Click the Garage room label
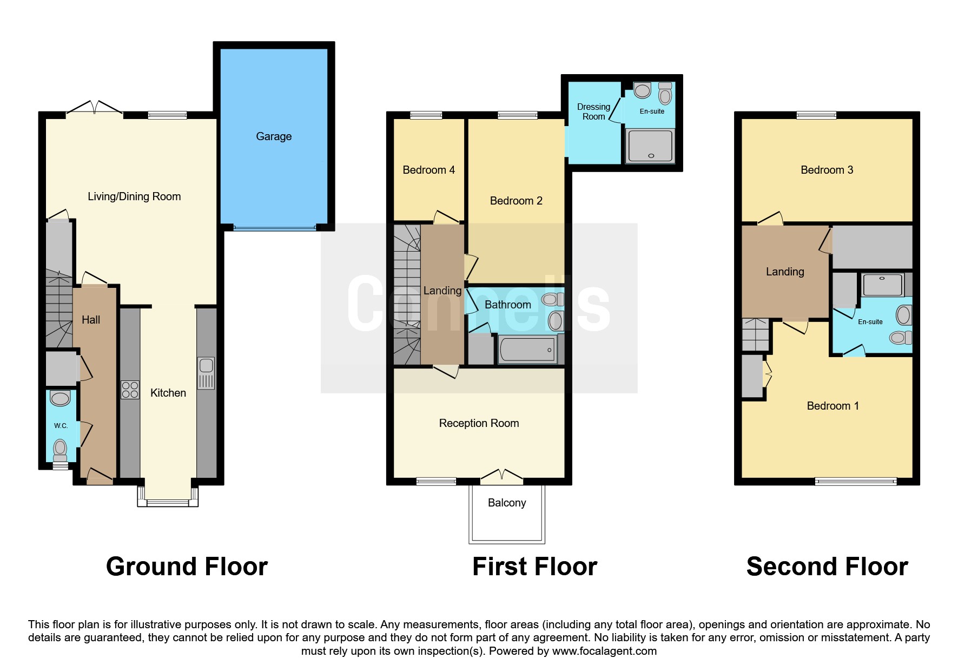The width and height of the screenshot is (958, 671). (x=274, y=136)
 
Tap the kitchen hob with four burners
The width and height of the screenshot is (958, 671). (x=130, y=390)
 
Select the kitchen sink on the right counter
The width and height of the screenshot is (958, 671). (x=206, y=373)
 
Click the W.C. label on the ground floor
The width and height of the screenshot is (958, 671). (x=61, y=426)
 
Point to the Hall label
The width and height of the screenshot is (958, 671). (x=91, y=320)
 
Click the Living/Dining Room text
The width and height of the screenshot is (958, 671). (x=134, y=196)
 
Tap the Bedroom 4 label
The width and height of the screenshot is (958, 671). (x=429, y=170)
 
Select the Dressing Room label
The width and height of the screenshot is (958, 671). (x=593, y=111)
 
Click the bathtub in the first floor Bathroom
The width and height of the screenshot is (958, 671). (x=527, y=350)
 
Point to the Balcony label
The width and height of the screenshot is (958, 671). (x=507, y=503)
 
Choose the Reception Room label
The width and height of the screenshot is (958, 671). (x=479, y=423)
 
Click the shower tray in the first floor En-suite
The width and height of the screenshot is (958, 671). (x=650, y=146)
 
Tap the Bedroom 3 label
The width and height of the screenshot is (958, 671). (x=827, y=170)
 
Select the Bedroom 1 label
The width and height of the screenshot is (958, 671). (x=833, y=406)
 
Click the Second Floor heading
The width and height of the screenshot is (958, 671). (x=827, y=567)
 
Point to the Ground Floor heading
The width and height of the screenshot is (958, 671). (x=187, y=567)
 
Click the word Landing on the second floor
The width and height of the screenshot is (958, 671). (x=785, y=272)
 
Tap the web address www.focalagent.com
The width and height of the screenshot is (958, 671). (x=604, y=651)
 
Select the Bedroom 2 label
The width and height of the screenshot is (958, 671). (x=516, y=201)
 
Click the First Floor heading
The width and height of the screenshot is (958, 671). (x=534, y=567)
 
